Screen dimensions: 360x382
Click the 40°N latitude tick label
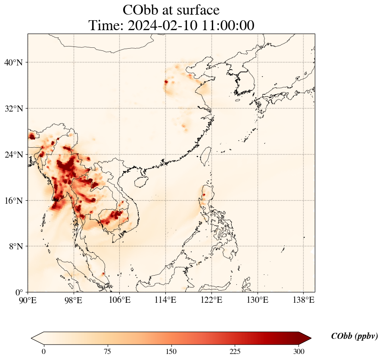coord(13,62)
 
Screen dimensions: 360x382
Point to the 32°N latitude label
coord(13,109)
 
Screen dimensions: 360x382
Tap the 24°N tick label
coord(13,155)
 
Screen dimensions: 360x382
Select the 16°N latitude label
coord(13,201)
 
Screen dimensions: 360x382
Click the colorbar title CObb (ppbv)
coord(354,336)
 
